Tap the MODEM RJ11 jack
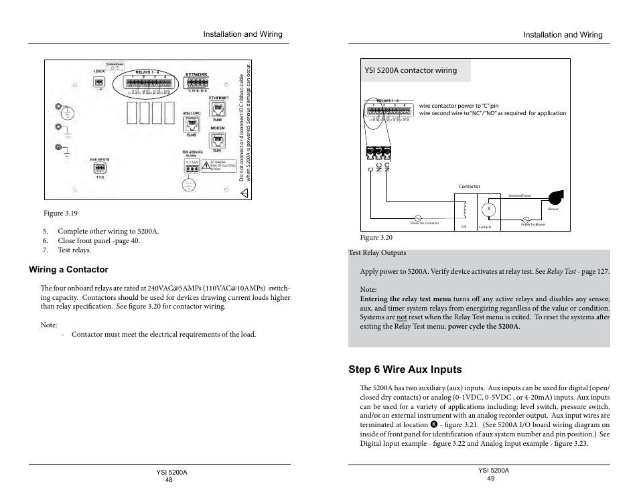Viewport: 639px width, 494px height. (x=217, y=140)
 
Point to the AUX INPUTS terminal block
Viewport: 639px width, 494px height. (x=100, y=168)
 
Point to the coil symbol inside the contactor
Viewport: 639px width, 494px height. (x=463, y=211)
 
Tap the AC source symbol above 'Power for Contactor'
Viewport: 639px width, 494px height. (x=418, y=218)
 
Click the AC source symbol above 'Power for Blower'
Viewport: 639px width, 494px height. (x=526, y=219)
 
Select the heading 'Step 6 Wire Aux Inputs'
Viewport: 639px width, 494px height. (x=405, y=369)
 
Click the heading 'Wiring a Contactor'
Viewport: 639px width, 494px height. (x=68, y=270)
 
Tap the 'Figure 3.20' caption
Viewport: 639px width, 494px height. (x=376, y=237)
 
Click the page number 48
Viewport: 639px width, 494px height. (x=168, y=480)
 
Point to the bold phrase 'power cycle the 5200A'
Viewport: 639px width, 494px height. (x=484, y=327)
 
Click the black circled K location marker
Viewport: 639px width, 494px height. (x=433, y=424)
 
